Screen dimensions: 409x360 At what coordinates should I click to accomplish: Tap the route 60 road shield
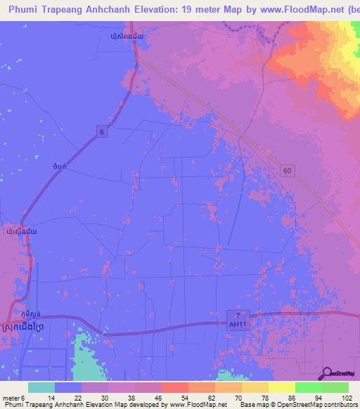(287, 171)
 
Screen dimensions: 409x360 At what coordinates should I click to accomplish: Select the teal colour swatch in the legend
(41, 387)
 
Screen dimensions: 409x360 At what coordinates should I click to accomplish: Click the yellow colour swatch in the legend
(281, 387)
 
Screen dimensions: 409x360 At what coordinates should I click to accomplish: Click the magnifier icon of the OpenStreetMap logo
(327, 372)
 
